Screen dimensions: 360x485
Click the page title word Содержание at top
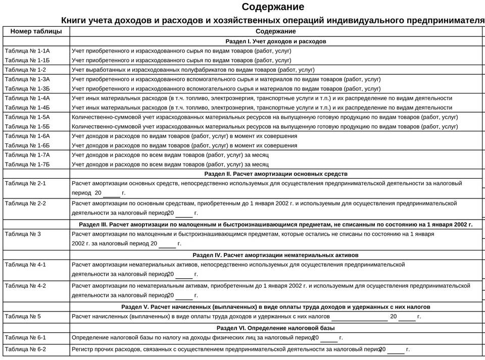273,7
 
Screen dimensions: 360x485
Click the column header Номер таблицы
36,31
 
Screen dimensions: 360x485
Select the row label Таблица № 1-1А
27,51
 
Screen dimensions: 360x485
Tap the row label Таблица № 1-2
25,70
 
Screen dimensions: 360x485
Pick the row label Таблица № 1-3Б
27,89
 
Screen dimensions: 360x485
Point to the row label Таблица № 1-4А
27,98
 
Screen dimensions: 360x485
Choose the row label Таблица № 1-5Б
27,126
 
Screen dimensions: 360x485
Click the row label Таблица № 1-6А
27,136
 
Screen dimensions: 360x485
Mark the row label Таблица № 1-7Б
27,164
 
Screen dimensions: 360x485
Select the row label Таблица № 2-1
25,183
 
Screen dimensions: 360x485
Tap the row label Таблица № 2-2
25,203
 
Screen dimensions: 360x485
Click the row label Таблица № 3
23,234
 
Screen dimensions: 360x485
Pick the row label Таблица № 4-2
25,286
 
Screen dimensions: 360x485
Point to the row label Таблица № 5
23,317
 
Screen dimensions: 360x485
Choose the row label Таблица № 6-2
25,349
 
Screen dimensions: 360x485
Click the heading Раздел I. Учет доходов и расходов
275,41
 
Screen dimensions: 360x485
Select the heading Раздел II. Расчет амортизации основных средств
276,174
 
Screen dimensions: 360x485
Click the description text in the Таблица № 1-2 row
193,70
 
